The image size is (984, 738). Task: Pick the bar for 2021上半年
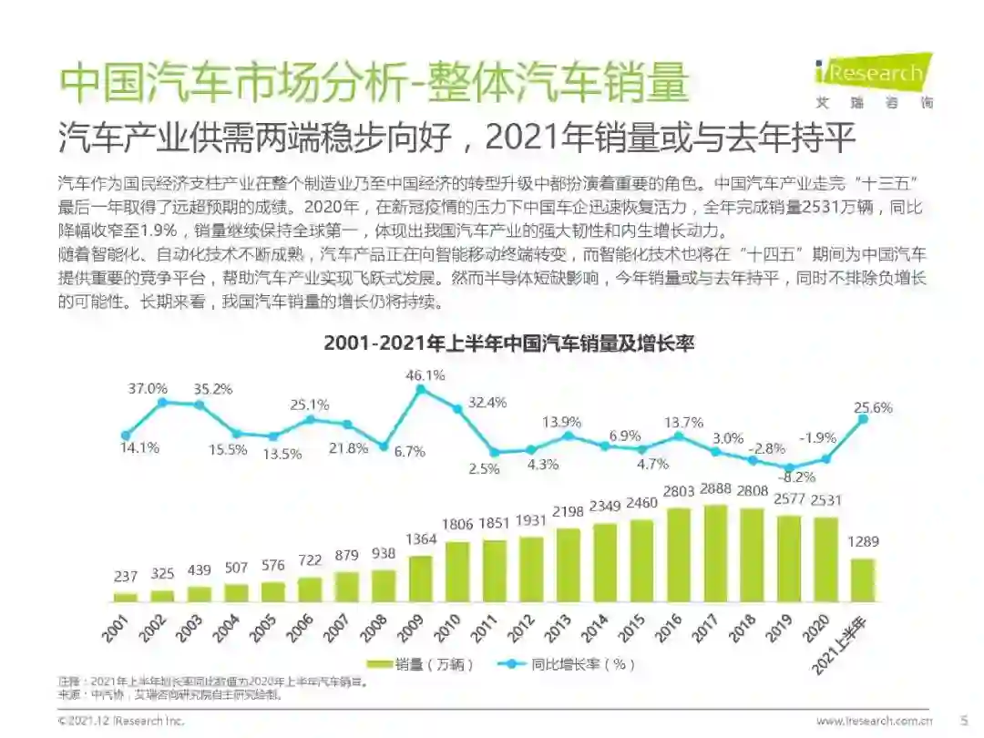(x=863, y=580)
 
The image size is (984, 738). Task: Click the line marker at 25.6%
(x=863, y=419)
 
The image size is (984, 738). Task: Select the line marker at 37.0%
(x=163, y=401)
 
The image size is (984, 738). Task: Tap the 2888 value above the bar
(x=716, y=488)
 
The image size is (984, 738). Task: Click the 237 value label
(x=126, y=576)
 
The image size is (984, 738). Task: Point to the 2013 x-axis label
(x=559, y=629)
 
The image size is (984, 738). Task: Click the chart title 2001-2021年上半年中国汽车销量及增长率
(x=509, y=343)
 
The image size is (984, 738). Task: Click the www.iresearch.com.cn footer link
(x=874, y=721)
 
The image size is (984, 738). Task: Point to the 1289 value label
(x=863, y=541)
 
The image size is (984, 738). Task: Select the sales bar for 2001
(x=126, y=597)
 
